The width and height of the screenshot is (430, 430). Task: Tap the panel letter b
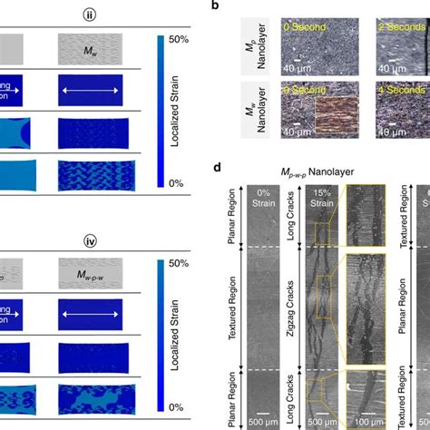click(x=215, y=6)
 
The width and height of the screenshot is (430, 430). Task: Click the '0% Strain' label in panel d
click(x=262, y=197)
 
